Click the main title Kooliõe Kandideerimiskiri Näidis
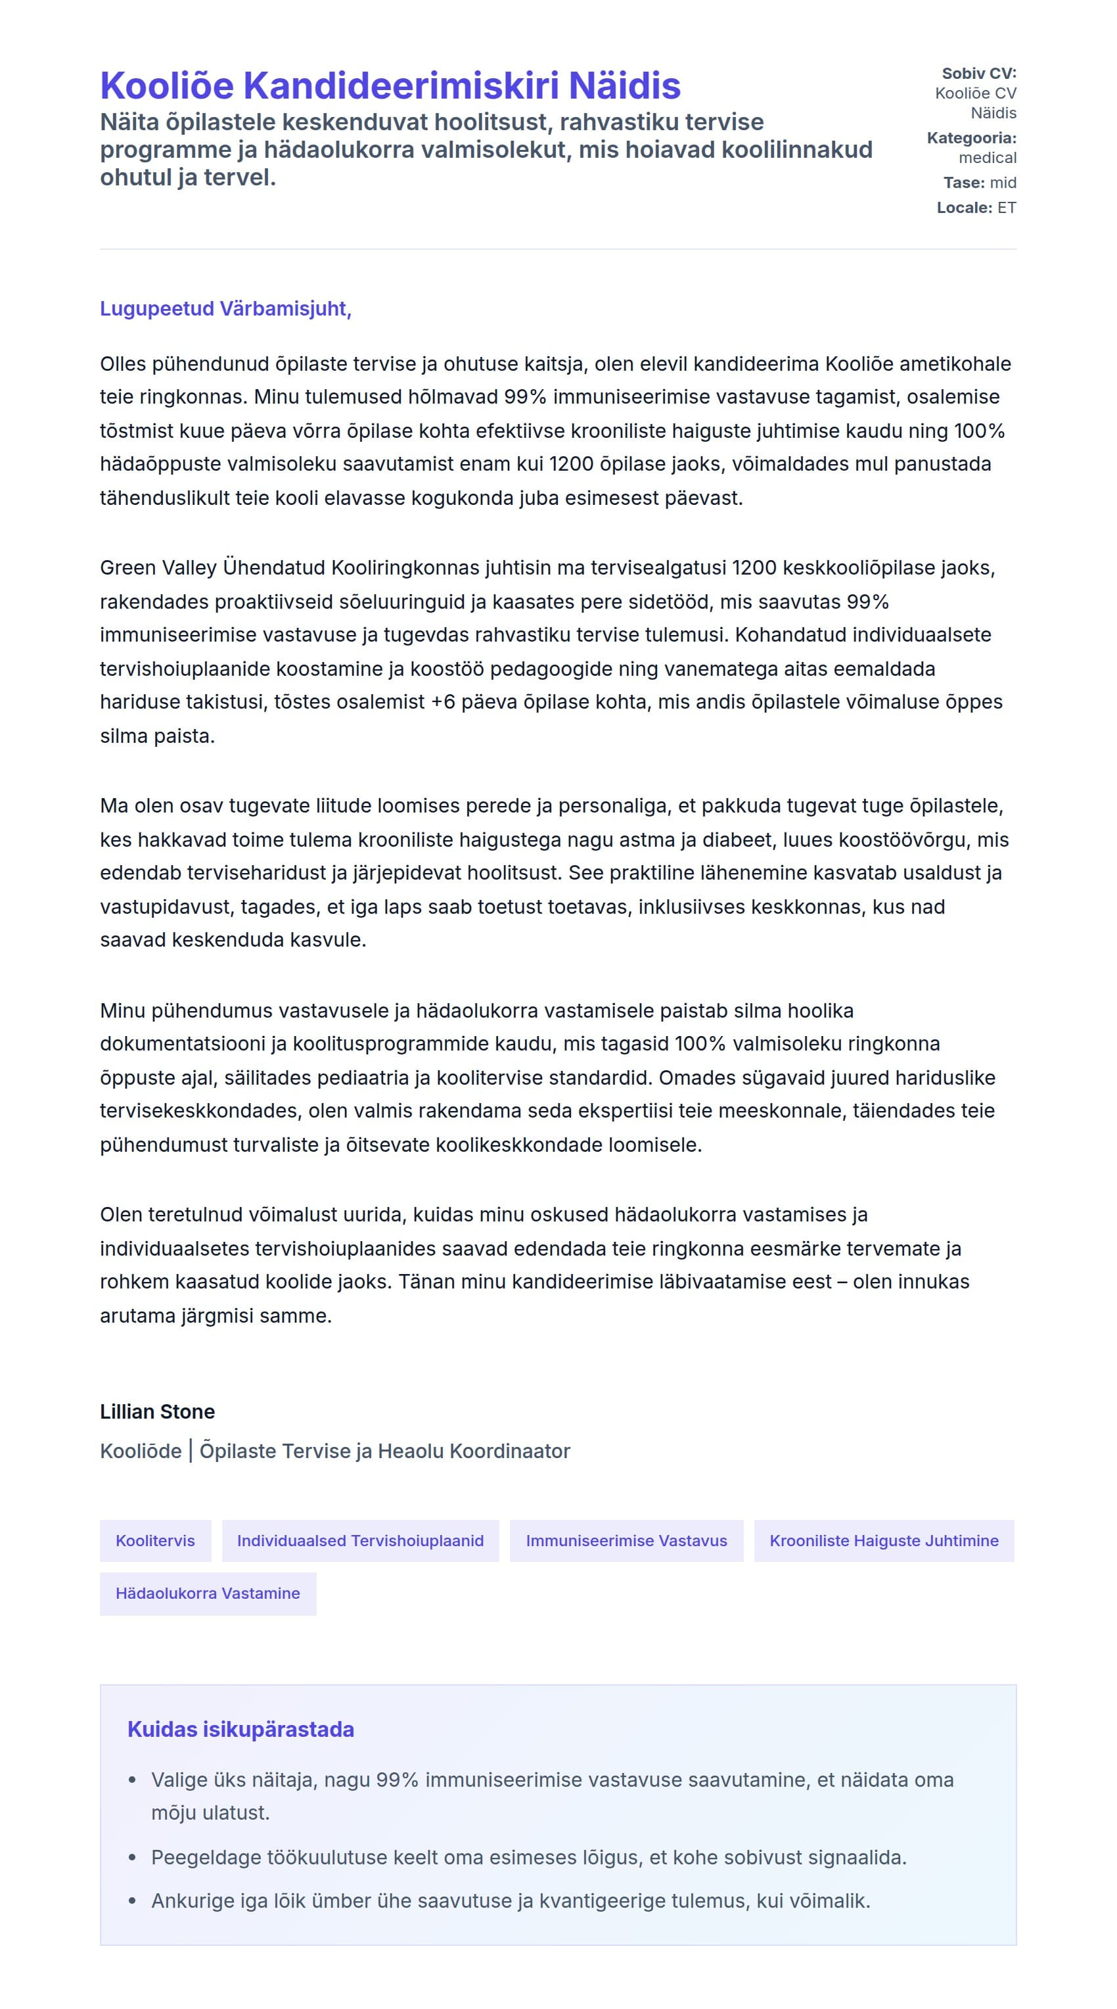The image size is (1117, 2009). pos(390,85)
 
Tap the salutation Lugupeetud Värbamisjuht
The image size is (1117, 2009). pos(225,309)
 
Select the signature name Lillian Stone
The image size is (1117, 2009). pos(158,1411)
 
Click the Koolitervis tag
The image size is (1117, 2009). pos(155,1540)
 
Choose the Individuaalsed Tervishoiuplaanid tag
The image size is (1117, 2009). pos(360,1540)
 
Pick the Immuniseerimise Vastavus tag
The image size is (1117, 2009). pos(626,1540)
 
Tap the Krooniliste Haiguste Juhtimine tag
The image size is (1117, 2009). pos(883,1540)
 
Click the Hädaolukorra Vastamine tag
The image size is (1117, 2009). pos(208,1592)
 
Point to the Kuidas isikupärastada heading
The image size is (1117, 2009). pos(240,1729)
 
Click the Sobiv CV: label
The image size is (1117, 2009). pos(978,74)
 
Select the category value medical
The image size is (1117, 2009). pos(987,158)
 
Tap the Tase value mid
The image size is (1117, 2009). pos(1003,183)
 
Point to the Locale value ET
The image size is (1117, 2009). pos(1007,208)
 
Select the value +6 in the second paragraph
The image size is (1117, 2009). pos(443,702)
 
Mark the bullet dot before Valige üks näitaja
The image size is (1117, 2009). pos(133,1780)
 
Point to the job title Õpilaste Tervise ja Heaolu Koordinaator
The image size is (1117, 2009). pos(385,1451)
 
